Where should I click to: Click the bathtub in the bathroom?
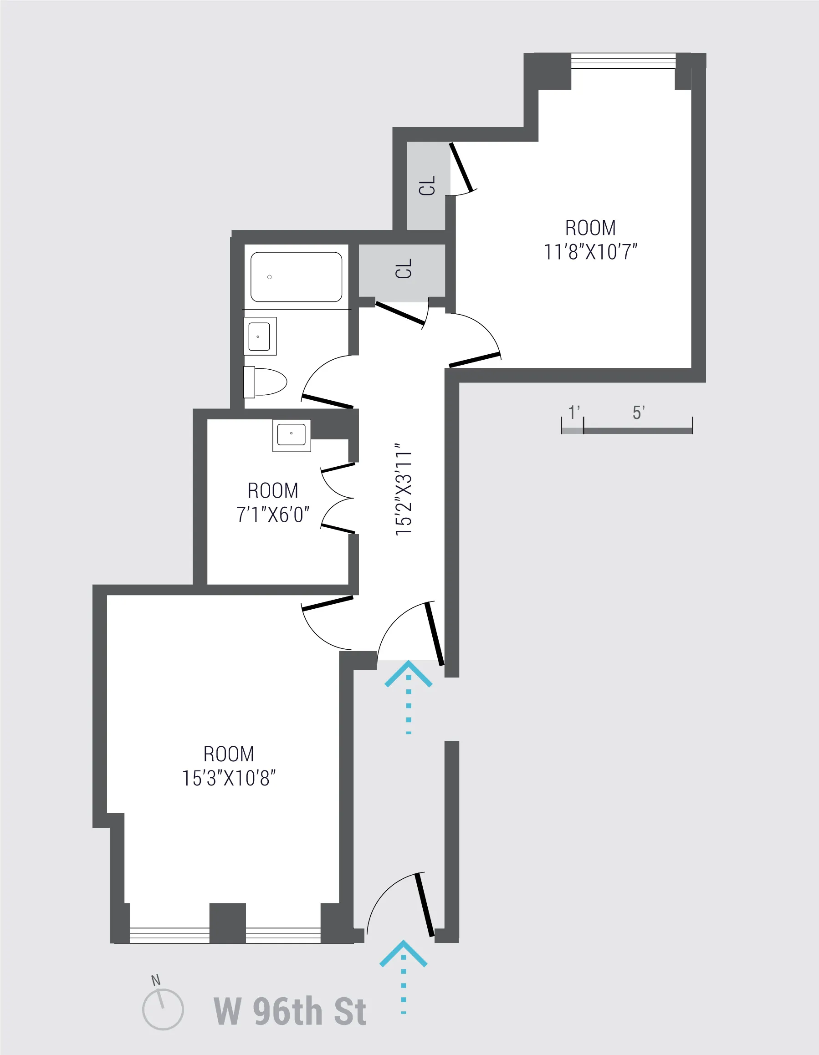[x=296, y=277]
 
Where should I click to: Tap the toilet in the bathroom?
[x=265, y=381]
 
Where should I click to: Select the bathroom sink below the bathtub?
[x=260, y=336]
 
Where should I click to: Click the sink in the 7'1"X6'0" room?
[x=292, y=435]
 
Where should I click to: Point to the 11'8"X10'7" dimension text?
[x=590, y=252]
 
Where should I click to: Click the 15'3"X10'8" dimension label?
[x=229, y=778]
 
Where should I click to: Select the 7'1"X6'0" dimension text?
[x=272, y=515]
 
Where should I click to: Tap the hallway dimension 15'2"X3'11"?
[x=404, y=489]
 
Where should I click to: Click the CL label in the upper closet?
[x=427, y=185]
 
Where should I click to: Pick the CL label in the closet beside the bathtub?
[x=404, y=269]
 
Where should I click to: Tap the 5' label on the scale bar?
[x=638, y=413]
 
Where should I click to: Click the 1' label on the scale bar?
[x=574, y=413]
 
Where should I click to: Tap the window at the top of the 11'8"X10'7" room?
[x=623, y=61]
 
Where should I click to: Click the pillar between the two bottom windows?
[x=228, y=922]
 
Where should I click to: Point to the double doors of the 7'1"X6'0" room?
[x=338, y=498]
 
